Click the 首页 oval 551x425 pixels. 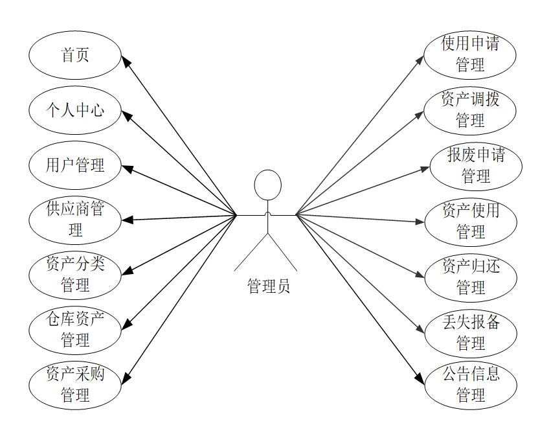click(x=74, y=55)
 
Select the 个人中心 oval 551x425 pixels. click(x=74, y=110)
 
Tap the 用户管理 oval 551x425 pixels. click(x=74, y=165)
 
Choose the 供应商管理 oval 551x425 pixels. click(x=74, y=220)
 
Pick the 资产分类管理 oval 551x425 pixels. click(x=74, y=275)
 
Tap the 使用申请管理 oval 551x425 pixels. click(x=470, y=54)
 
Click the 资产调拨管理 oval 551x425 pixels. click(x=470, y=110)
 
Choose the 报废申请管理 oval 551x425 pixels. click(x=476, y=166)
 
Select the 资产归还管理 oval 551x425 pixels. click(x=471, y=277)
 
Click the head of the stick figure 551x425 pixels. click(x=267, y=185)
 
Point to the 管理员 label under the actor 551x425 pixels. click(x=268, y=286)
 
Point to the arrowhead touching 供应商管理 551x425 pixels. click(x=127, y=220)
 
